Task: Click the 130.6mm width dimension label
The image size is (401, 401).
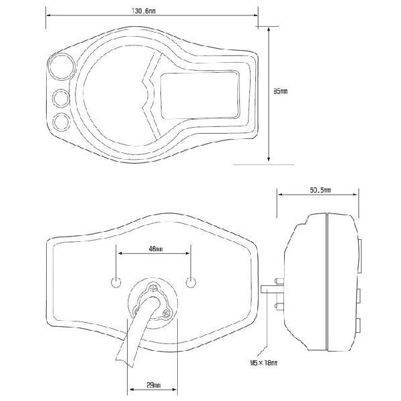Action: coord(144,11)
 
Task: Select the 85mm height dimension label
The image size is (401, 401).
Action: coord(280,91)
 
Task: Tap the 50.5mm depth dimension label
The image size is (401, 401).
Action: coord(320,190)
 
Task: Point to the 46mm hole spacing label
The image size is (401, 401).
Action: coord(156,249)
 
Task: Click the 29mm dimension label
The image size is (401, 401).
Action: coord(153,385)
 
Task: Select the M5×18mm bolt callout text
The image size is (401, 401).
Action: coord(264,362)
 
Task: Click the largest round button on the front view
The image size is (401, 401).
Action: coord(61,67)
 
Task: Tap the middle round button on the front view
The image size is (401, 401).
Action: coord(61,98)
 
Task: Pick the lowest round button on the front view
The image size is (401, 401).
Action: coord(61,122)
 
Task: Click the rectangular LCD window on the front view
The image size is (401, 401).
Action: coord(200,96)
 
